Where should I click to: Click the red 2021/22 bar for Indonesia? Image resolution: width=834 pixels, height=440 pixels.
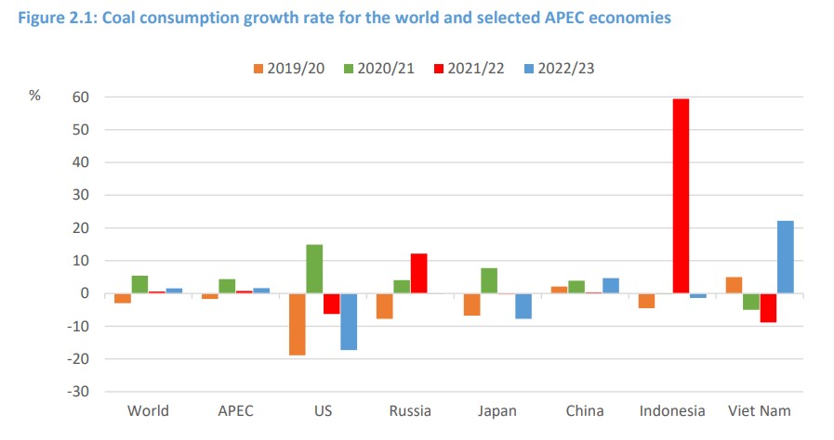click(x=681, y=196)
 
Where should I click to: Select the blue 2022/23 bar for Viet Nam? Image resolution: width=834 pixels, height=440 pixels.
click(x=785, y=257)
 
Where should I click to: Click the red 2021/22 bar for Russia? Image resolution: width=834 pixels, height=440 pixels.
click(x=418, y=273)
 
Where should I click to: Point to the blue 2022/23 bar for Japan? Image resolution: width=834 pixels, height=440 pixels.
click(x=523, y=306)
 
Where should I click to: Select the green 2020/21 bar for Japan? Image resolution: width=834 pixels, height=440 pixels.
click(x=488, y=280)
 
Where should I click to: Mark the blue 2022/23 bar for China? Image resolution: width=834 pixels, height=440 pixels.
click(x=610, y=286)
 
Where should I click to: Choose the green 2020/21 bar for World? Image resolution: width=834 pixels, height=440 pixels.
click(x=139, y=284)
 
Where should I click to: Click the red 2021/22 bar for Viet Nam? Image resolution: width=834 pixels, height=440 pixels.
click(x=767, y=308)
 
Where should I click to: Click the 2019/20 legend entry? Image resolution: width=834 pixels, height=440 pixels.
click(x=288, y=69)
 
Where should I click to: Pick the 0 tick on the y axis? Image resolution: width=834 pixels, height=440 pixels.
click(x=84, y=293)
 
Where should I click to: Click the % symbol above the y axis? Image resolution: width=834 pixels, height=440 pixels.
click(x=34, y=97)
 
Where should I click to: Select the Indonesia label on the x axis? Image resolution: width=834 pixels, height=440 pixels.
click(x=672, y=410)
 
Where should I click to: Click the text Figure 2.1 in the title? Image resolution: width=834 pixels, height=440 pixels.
click(x=45, y=18)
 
